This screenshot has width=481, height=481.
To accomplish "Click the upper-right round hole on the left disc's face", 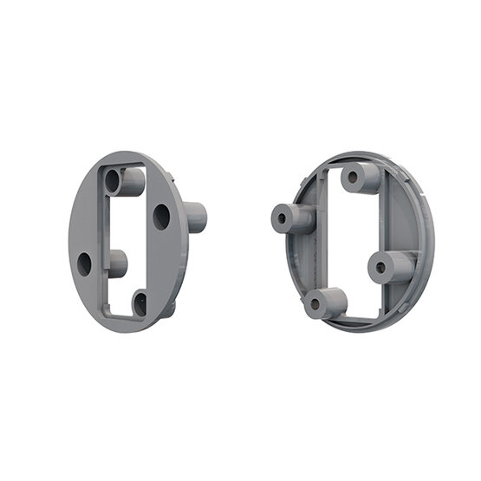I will click(x=161, y=216).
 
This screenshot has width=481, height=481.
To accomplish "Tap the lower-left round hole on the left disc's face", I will click(x=84, y=263).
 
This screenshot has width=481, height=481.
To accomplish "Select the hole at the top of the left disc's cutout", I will click(x=113, y=181).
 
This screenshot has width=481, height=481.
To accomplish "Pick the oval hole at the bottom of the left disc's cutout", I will click(x=140, y=303).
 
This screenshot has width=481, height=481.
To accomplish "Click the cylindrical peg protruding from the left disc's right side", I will click(x=196, y=217).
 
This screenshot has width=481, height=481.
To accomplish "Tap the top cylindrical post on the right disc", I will click(x=361, y=178).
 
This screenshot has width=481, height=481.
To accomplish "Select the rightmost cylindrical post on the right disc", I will click(x=392, y=267).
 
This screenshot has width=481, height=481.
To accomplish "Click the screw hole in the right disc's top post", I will click(x=352, y=179).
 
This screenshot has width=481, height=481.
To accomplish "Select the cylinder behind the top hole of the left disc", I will click(x=132, y=181).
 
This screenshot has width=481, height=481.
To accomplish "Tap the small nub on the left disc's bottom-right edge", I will click(x=170, y=308).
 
